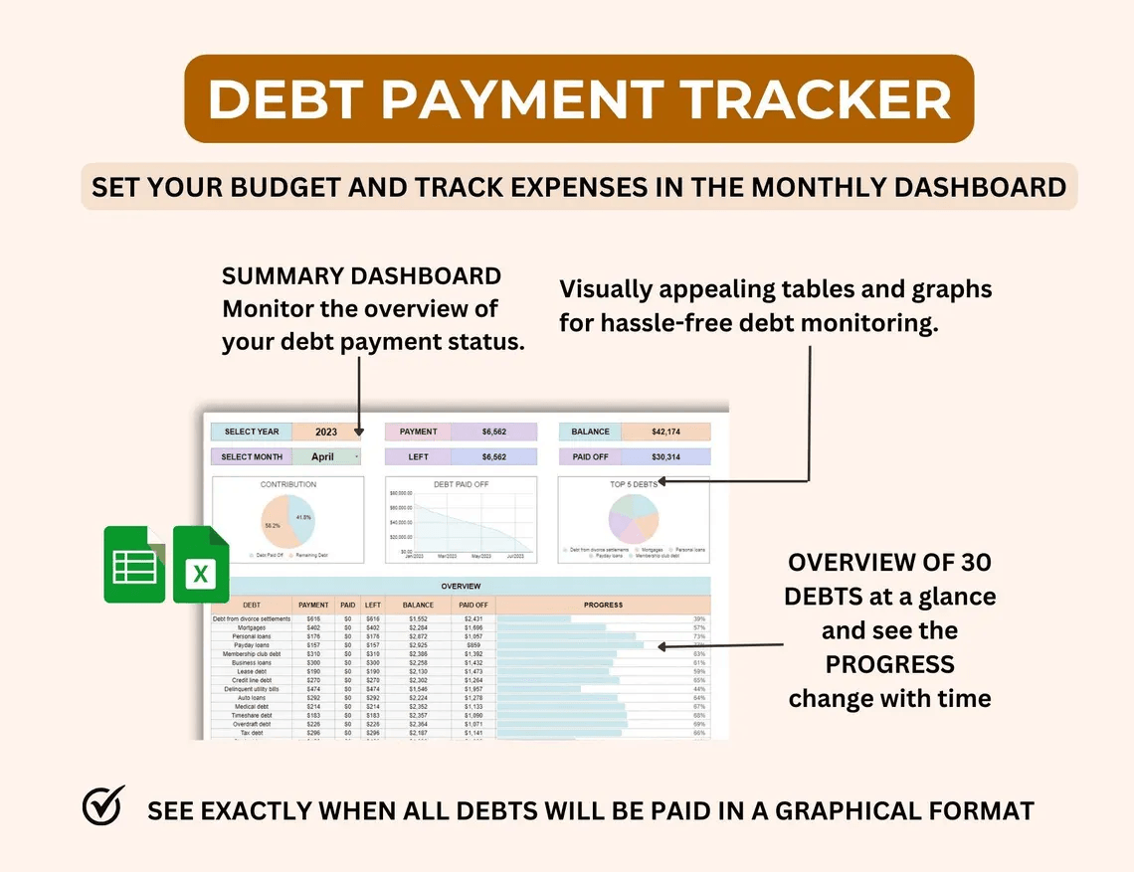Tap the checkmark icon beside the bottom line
click(x=103, y=806)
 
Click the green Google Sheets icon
click(x=133, y=566)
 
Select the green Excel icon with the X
click(x=201, y=566)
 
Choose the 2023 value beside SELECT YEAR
click(x=326, y=433)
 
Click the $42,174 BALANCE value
click(x=665, y=433)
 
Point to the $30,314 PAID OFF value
click(x=665, y=457)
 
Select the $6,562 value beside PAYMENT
click(x=493, y=433)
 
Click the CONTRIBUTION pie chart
click(x=288, y=522)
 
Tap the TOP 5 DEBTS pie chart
click(x=634, y=519)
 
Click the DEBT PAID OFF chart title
click(x=461, y=484)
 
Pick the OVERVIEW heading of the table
click(x=461, y=587)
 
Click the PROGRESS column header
click(x=603, y=605)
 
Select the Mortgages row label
click(x=252, y=628)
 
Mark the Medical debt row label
click(x=252, y=707)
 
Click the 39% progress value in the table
click(x=699, y=619)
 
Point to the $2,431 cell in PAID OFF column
click(x=473, y=619)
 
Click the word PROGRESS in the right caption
click(x=890, y=664)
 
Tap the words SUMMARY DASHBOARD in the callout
click(x=361, y=275)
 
